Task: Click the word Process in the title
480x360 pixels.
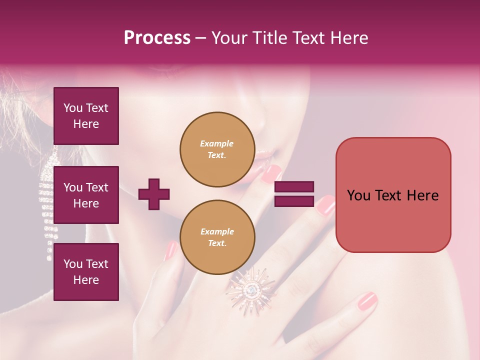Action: coord(157,38)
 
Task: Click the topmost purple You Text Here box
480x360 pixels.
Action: coord(86,116)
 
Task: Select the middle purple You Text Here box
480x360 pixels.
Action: coord(86,195)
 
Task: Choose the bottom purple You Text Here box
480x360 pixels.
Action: coord(86,272)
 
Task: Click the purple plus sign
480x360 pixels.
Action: coord(154,194)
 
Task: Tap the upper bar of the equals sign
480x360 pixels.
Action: coord(294,187)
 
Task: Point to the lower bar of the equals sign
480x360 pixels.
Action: coord(294,201)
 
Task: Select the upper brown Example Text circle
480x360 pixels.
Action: coord(217,149)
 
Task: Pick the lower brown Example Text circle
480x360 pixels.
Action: coord(217,237)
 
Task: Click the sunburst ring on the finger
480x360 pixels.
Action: coord(251,288)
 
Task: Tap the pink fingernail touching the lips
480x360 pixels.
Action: coord(271,173)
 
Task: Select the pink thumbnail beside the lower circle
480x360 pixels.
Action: coord(171,250)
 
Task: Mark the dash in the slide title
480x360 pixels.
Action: coord(201,38)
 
